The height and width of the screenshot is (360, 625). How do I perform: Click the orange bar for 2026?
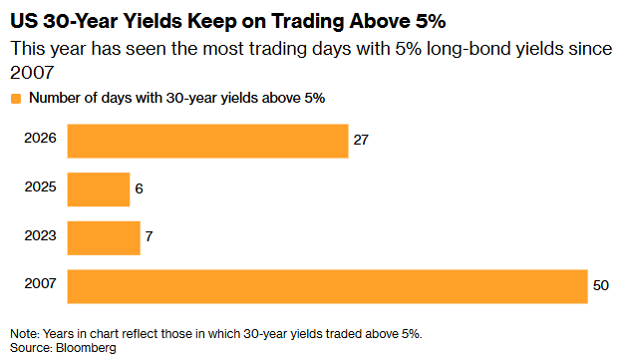pos(207,142)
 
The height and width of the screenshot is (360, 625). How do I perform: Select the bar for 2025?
pos(99,189)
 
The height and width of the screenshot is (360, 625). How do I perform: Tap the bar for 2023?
pos(104,238)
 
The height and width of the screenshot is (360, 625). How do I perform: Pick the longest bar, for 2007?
pos(328,286)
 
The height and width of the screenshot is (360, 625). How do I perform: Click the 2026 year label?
pos(40,138)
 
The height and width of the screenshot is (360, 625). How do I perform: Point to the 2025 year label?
pos(40,186)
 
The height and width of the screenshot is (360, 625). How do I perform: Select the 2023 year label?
pos(40,235)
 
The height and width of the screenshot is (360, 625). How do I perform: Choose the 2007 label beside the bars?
pos(40,283)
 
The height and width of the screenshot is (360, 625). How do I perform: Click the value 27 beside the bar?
pos(361,140)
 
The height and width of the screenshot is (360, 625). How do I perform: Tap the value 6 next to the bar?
pos(139,188)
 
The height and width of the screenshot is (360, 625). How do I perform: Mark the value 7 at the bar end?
pos(150,236)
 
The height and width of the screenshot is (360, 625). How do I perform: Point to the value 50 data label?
pos(601,285)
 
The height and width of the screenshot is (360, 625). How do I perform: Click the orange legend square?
pos(16,99)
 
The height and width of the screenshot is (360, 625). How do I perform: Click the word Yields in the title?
pos(153,21)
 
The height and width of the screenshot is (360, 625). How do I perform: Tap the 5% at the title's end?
pos(431,21)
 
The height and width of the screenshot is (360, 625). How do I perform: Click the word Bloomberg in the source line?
pos(86,348)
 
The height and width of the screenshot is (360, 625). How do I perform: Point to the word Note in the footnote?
pos(25,334)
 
